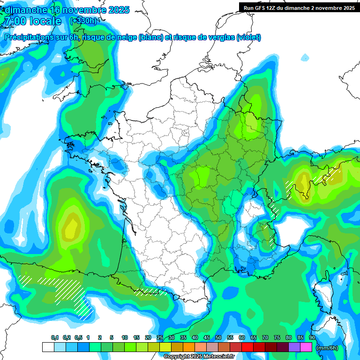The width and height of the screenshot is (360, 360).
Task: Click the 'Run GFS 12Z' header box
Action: (x=299, y=7)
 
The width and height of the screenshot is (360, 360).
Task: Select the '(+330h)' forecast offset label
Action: (x=83, y=21)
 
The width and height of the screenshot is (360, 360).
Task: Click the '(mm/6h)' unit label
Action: (x=327, y=347)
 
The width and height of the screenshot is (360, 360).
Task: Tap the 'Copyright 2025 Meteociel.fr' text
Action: (x=199, y=357)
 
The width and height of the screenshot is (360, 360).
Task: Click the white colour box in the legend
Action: (x=48, y=347)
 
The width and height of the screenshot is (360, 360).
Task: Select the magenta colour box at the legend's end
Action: (x=306, y=347)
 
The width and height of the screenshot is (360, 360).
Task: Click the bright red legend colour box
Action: (x=247, y=347)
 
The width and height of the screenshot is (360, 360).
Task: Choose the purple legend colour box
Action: (x=294, y=347)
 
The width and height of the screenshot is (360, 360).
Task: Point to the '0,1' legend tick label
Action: (x=54, y=338)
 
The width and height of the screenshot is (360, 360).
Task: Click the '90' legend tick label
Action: (x=312, y=338)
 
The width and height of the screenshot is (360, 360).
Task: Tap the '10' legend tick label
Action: (x=125, y=338)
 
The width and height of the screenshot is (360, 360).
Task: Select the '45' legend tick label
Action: (x=207, y=338)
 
